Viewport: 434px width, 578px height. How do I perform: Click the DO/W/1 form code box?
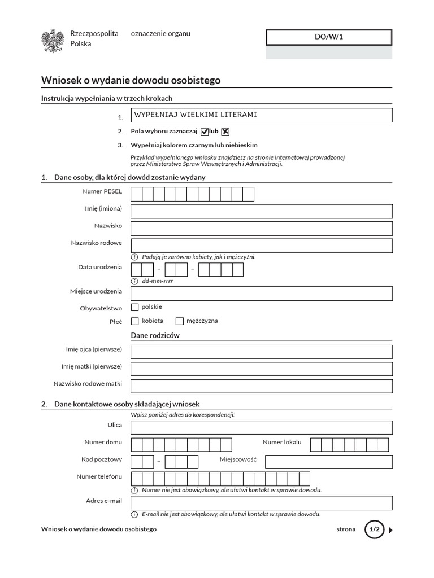pyautogui.click(x=328, y=37)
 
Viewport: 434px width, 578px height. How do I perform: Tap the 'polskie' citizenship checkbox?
pyautogui.click(x=134, y=307)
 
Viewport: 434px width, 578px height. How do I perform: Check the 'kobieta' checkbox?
pyautogui.click(x=134, y=321)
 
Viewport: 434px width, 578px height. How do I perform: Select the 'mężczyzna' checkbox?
pyautogui.click(x=180, y=321)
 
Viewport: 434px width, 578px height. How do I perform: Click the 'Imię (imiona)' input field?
pyautogui.click(x=261, y=211)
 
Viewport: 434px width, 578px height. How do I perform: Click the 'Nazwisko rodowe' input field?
pyautogui.click(x=261, y=246)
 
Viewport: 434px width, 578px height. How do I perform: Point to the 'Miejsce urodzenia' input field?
pyautogui.click(x=261, y=294)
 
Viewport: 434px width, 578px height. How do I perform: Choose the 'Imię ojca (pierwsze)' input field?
pyautogui.click(x=261, y=352)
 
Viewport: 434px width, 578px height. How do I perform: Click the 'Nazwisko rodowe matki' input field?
pyautogui.click(x=261, y=386)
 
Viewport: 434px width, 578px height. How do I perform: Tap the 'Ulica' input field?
pyautogui.click(x=261, y=427)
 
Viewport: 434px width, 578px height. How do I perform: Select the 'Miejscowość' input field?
pyautogui.click(x=328, y=462)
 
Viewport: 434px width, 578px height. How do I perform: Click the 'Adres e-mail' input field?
pyautogui.click(x=261, y=503)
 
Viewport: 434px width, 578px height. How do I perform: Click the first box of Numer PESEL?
pyautogui.click(x=136, y=194)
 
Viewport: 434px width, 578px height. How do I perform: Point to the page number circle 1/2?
pyautogui.click(x=374, y=530)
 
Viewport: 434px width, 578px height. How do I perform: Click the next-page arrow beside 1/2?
pyautogui.click(x=391, y=530)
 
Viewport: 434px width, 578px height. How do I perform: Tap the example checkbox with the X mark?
pyautogui.click(x=225, y=132)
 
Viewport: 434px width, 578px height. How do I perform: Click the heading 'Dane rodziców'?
pyautogui.click(x=155, y=335)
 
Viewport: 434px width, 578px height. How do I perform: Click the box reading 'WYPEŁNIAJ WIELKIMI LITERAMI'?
pyautogui.click(x=261, y=115)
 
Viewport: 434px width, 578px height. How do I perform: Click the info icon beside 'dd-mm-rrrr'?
pyautogui.click(x=134, y=281)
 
